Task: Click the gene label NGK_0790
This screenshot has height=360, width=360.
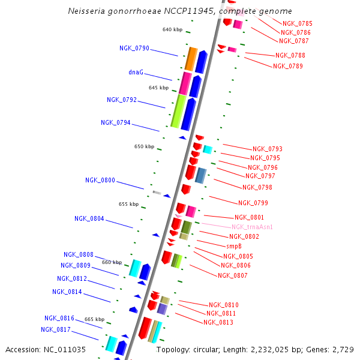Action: tap(134, 48)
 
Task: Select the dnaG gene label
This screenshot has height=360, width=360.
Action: tap(136, 72)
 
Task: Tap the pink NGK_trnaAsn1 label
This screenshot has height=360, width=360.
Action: tap(252, 227)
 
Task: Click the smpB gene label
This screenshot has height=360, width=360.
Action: tap(234, 246)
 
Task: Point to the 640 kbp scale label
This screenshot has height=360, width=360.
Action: tap(172, 29)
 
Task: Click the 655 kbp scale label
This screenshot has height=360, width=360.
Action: tap(128, 204)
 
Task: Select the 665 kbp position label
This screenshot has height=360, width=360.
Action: tap(94, 319)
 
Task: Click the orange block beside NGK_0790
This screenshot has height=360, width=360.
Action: tap(191, 59)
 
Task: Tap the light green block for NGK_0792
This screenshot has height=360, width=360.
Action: tap(178, 111)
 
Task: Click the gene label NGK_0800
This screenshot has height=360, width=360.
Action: tap(100, 180)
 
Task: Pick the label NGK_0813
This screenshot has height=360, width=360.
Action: tap(218, 322)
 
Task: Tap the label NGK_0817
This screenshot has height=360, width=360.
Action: tap(56, 329)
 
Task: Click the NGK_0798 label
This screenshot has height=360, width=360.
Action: tap(257, 187)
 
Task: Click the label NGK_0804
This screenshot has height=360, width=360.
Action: tap(89, 218)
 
